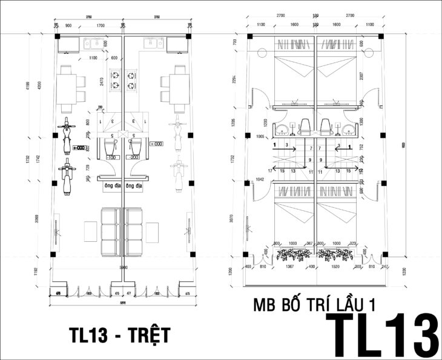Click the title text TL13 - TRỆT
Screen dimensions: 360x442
point(119,334)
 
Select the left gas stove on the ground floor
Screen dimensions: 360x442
point(115,78)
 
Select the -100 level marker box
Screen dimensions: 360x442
point(112,157)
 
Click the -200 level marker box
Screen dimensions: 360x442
point(134,157)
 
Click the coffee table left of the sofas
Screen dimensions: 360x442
point(90,231)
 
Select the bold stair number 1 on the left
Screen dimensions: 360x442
point(276,145)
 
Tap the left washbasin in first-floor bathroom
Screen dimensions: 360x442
point(283,129)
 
